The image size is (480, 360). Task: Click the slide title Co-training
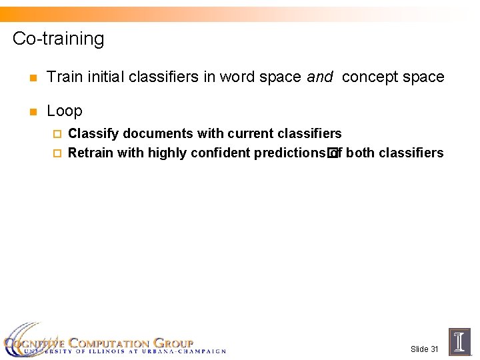point(59,39)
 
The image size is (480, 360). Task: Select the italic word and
point(320,77)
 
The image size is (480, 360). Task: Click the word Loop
point(65,111)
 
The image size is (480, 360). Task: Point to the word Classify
point(93,134)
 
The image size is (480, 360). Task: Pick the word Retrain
point(91,153)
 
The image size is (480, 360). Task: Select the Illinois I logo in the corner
point(460,341)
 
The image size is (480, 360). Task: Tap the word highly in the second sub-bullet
point(167,153)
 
